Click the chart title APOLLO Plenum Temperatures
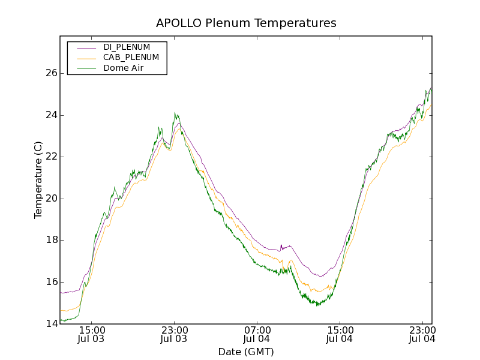click(x=246, y=23)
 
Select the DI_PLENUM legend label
click(x=127, y=47)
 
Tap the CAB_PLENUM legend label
click(x=131, y=58)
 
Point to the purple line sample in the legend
click(x=86, y=47)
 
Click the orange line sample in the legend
click(x=86, y=58)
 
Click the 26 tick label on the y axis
click(x=51, y=73)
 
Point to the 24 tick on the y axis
click(x=51, y=115)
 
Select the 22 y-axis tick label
click(x=51, y=157)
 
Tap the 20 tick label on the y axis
click(x=51, y=199)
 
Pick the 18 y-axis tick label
click(x=51, y=240)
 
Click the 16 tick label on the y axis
click(x=51, y=282)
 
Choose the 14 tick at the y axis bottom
click(x=51, y=324)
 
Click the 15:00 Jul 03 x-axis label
click(x=92, y=334)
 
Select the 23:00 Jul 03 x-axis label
click(x=175, y=334)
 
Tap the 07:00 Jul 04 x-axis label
click(x=257, y=334)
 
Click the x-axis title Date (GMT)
click(x=246, y=352)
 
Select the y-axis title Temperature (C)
click(x=38, y=180)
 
